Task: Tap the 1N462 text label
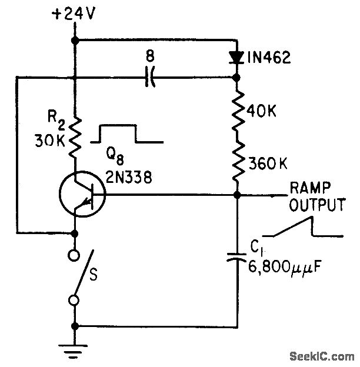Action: click(268, 58)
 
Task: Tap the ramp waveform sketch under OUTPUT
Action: click(303, 227)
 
